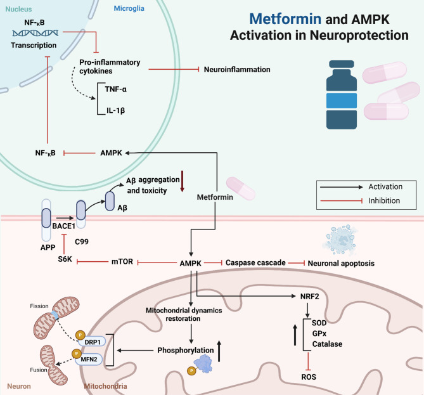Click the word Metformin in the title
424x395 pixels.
click(x=285, y=19)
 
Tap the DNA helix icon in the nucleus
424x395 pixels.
click(x=35, y=33)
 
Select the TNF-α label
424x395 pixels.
click(x=116, y=89)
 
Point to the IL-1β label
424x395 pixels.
click(x=115, y=110)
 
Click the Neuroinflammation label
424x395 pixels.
click(x=237, y=70)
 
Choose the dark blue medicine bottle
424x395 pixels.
click(x=341, y=94)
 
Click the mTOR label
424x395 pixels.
click(x=122, y=262)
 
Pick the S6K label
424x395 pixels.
click(x=65, y=259)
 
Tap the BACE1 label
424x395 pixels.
click(x=63, y=226)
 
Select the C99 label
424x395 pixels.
click(x=82, y=242)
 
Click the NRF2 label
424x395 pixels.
click(x=310, y=297)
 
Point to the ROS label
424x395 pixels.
click(x=309, y=377)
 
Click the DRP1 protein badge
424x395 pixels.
click(x=91, y=342)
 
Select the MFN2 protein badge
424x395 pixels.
click(x=89, y=359)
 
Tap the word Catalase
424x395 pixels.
click(x=327, y=344)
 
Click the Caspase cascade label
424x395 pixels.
click(x=255, y=262)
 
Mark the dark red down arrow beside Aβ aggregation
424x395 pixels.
click(x=183, y=181)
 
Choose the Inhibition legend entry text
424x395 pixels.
click(x=384, y=200)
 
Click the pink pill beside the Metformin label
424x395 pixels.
click(x=241, y=188)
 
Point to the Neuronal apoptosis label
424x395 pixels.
click(x=341, y=263)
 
